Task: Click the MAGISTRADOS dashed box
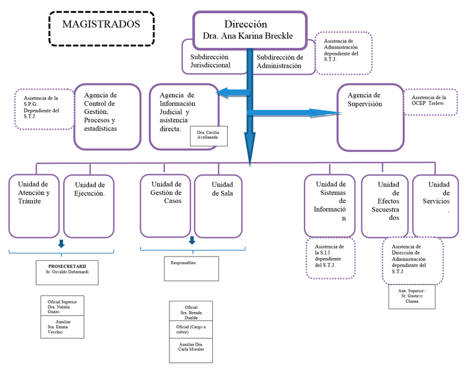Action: click(101, 27)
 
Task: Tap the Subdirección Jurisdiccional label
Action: click(210, 60)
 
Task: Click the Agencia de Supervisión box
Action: click(370, 117)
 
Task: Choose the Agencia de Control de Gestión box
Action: click(107, 116)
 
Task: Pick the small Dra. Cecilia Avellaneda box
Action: click(208, 136)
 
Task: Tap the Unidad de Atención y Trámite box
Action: click(34, 205)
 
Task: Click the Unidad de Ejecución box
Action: click(89, 205)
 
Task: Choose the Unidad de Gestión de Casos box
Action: click(164, 205)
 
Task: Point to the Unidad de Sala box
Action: click(222, 205)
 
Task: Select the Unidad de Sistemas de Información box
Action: click(330, 205)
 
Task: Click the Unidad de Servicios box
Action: click(439, 205)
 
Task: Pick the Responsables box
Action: click(191, 268)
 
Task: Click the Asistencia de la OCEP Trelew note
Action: click(428, 101)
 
